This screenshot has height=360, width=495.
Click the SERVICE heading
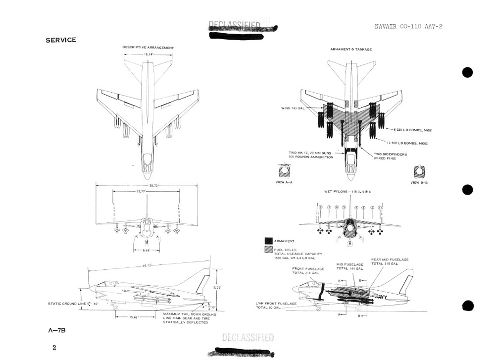pos(61,40)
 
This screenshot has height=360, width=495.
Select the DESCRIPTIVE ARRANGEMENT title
pos(148,48)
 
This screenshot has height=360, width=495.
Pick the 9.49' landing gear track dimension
pos(146,251)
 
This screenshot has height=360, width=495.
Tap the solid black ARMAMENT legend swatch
pos(269,241)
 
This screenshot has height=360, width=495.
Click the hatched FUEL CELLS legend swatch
pos(269,250)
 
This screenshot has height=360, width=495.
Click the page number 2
pos(54,348)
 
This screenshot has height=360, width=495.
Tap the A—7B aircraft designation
pos(55,330)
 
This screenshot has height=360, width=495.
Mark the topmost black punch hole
pos(467,72)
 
